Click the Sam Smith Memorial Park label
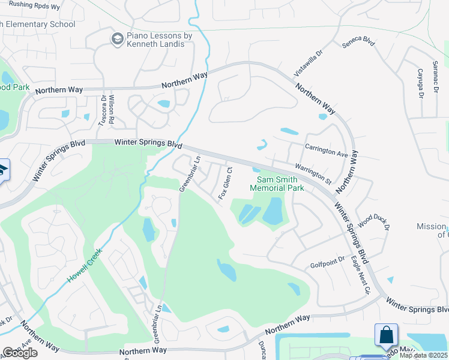tap(280, 184)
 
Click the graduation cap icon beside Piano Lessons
tap(117, 40)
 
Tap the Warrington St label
tap(312, 172)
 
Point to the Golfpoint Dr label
tap(328, 262)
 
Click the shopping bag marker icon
tap(387, 335)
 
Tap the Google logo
tap(20, 353)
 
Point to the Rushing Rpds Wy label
tap(34, 6)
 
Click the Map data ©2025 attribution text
tap(423, 355)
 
